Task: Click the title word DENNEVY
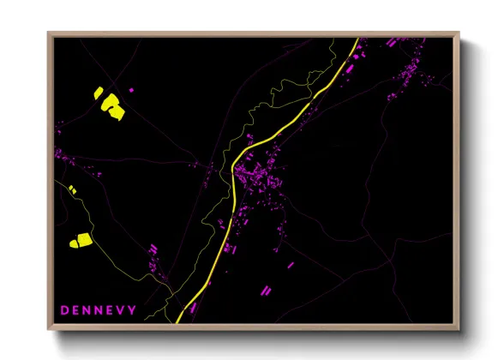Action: (x=98, y=309)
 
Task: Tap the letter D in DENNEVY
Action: (x=63, y=309)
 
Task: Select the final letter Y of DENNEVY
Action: (x=132, y=309)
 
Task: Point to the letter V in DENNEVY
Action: (x=121, y=309)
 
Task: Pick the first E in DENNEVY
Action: (x=75, y=309)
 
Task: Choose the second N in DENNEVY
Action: (x=98, y=309)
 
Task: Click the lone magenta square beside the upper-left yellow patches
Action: (x=131, y=89)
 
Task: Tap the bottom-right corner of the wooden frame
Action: (x=459, y=329)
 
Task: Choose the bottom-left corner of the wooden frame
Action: (x=49, y=329)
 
